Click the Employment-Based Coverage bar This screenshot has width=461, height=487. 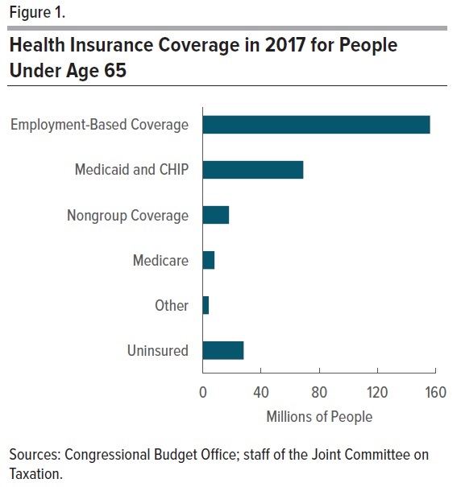tap(316, 125)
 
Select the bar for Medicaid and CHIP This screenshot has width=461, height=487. tap(252, 170)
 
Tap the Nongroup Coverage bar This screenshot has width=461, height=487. tap(215, 215)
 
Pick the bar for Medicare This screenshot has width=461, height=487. tap(208, 260)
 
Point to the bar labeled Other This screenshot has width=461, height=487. tap(206, 305)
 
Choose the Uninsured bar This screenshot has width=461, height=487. tap(222, 350)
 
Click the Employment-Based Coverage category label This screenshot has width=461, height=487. tap(99, 125)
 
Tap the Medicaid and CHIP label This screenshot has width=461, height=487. tap(131, 170)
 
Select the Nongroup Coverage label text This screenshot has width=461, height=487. tap(127, 215)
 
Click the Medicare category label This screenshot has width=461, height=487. tap(160, 260)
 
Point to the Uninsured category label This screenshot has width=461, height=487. tap(157, 350)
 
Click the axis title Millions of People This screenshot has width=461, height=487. tap(319, 416)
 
